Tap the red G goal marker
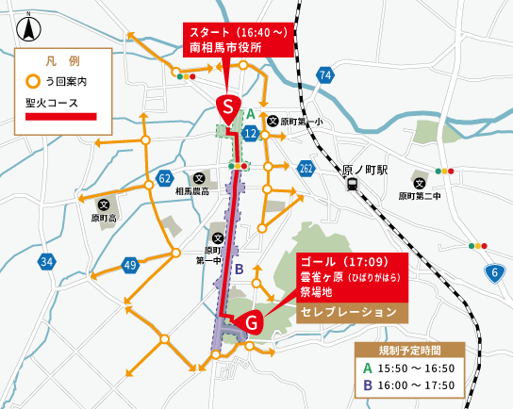click(x=251, y=322)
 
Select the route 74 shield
click(x=325, y=74)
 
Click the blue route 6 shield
click(x=494, y=272)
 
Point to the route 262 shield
click(x=306, y=168)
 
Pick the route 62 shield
click(x=165, y=177)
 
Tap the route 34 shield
click(x=47, y=260)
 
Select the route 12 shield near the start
click(x=250, y=135)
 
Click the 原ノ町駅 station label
click(x=365, y=170)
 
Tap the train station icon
click(x=352, y=186)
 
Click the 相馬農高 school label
click(x=192, y=191)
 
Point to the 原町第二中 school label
click(x=420, y=197)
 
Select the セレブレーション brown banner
click(x=347, y=311)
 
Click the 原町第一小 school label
click(x=306, y=122)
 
